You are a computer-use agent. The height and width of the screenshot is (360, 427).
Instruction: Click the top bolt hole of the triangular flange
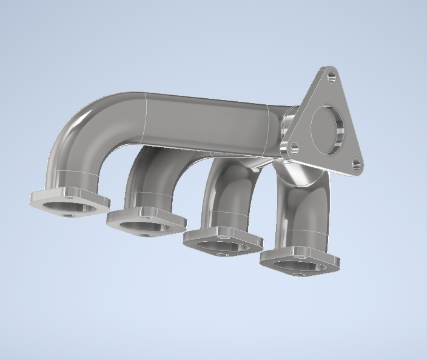click(x=331, y=76)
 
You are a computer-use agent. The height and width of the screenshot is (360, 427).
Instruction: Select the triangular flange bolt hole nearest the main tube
click(x=294, y=147)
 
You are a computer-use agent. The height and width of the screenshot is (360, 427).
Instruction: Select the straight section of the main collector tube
click(x=206, y=121)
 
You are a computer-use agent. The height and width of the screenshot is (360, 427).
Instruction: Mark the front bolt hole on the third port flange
click(x=222, y=255)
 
